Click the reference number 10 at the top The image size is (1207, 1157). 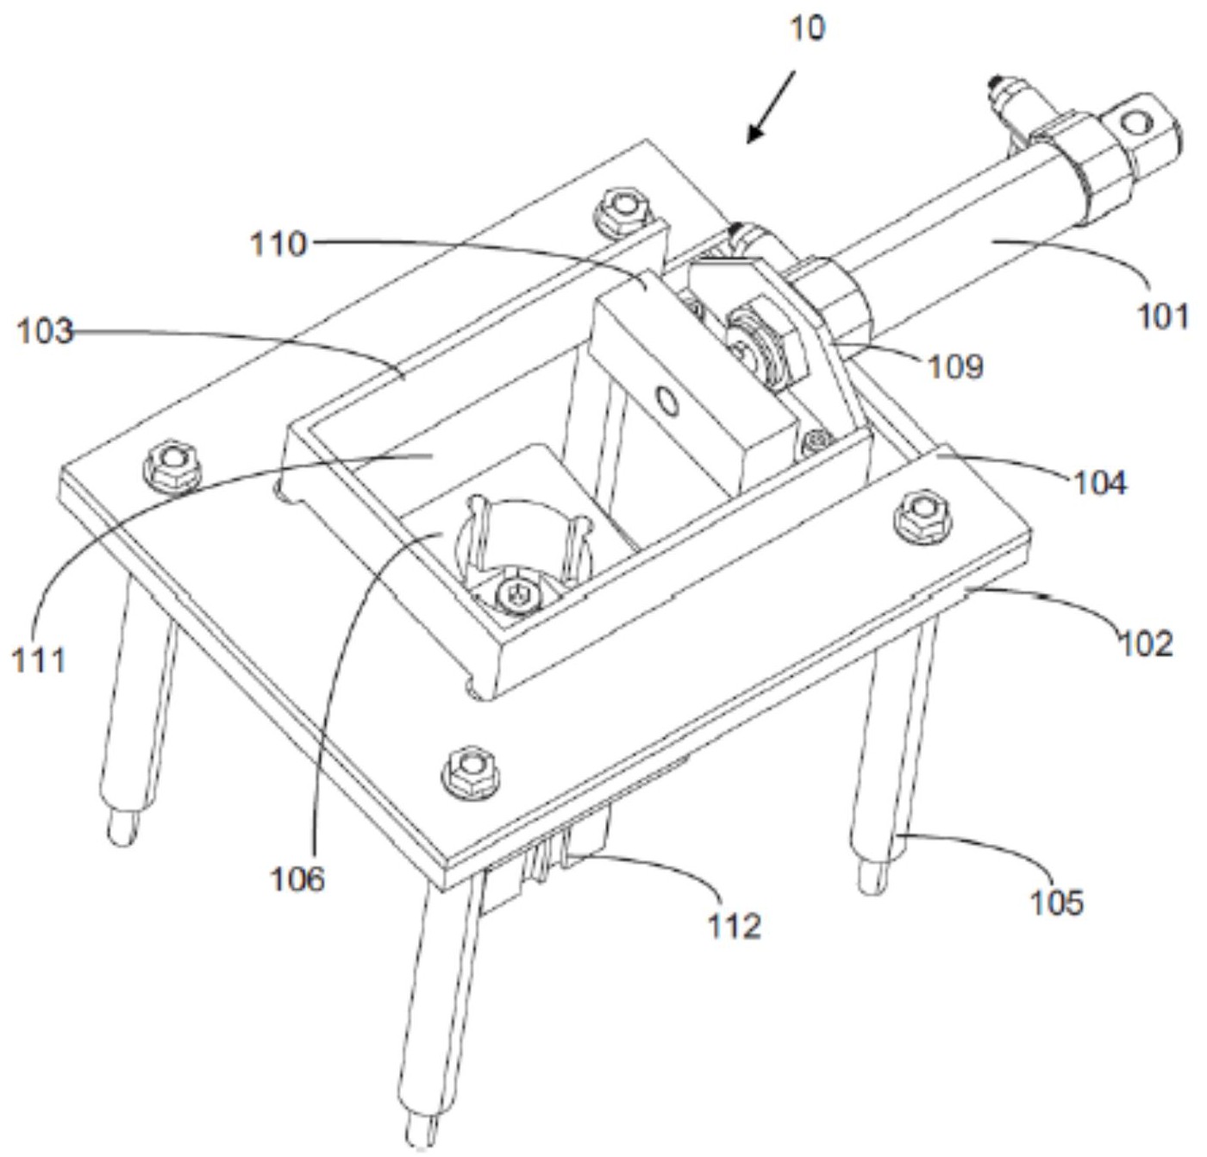807,28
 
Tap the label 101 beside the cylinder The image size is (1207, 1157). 1163,316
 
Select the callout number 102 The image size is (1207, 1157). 1146,643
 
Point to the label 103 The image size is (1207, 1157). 45,331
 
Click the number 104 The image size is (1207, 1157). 1100,483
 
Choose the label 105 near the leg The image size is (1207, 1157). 1056,902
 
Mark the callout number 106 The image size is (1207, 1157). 297,879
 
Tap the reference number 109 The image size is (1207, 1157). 955,366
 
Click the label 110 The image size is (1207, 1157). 278,244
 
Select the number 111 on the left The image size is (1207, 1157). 38,660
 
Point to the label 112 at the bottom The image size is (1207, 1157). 735,926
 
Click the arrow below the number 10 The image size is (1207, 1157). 770,108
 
